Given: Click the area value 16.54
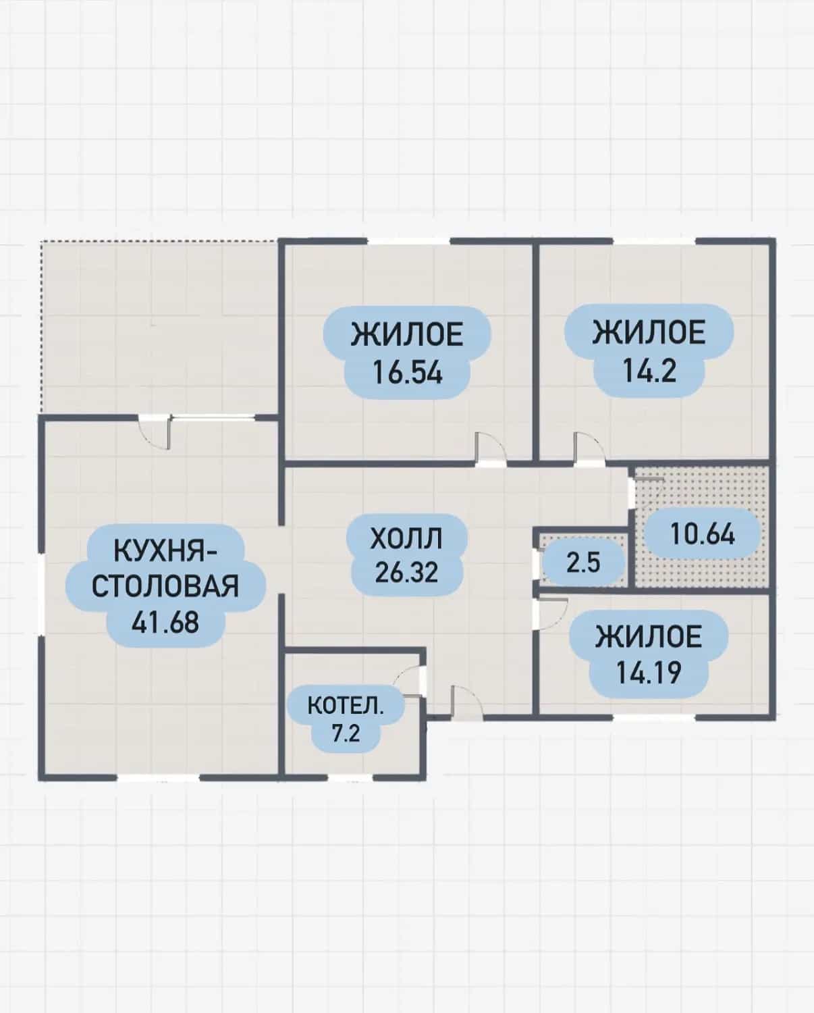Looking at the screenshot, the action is click(408, 373).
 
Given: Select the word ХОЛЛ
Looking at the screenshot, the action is click(406, 538).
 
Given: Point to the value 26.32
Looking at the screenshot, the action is click(406, 573).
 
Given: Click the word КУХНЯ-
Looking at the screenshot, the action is click(165, 551).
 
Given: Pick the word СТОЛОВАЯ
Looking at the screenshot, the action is click(165, 586).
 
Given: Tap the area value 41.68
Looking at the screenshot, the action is click(165, 622).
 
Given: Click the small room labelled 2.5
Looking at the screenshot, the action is click(583, 563).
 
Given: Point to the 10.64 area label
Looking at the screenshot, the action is click(703, 535).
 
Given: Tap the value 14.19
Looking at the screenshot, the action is click(649, 673).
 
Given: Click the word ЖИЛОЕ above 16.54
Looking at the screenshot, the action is click(408, 334).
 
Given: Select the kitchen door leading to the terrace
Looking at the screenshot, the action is click(155, 433).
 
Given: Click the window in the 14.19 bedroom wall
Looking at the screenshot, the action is click(654, 717).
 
